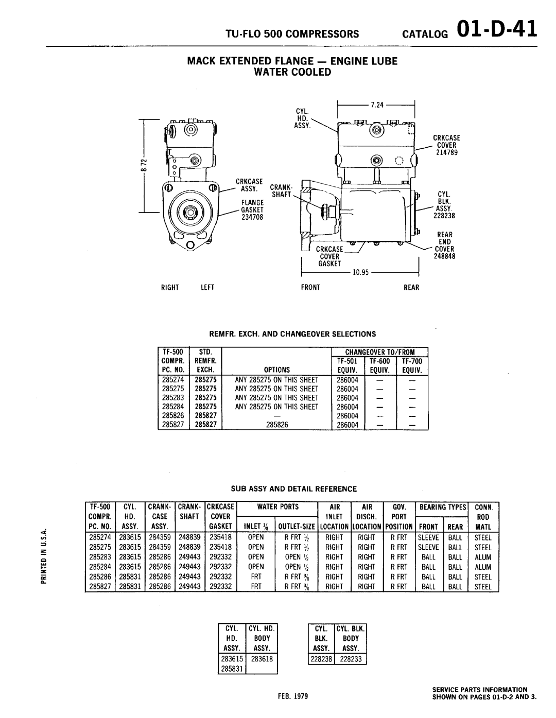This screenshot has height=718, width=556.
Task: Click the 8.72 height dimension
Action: (146, 164)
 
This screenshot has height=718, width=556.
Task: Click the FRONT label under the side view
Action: (311, 287)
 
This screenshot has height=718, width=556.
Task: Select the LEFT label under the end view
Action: (207, 287)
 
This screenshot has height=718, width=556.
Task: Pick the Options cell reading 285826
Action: (277, 425)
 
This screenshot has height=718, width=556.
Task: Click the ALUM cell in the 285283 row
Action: (483, 557)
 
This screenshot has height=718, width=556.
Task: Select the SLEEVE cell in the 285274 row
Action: (428, 537)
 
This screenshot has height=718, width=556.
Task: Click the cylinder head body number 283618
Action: (262, 659)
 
